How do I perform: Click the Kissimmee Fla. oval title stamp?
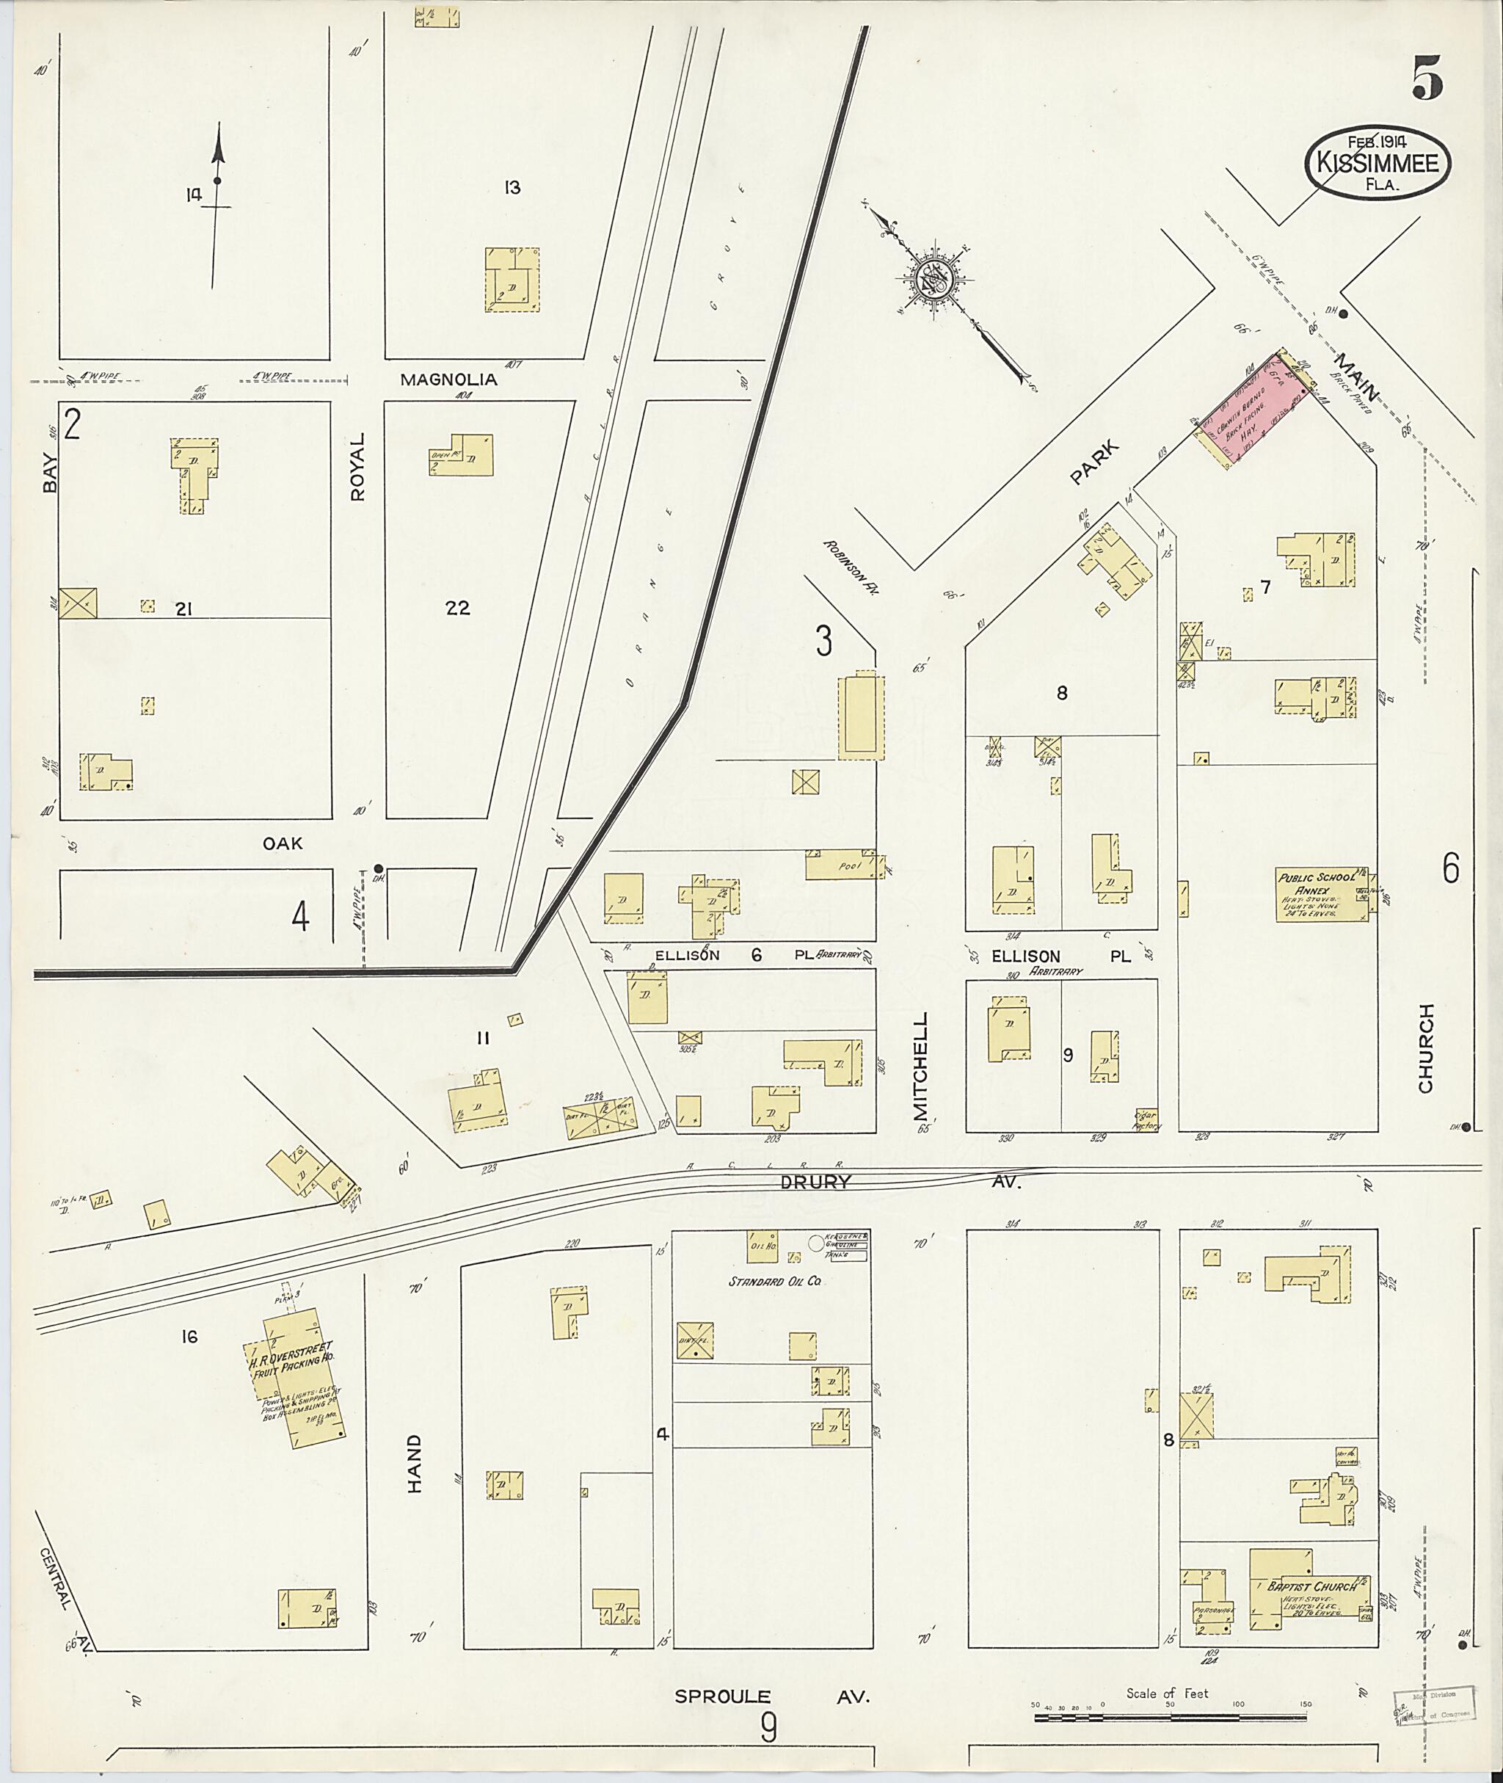click(1377, 164)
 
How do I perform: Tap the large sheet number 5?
click(1427, 79)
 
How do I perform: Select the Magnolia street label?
click(448, 380)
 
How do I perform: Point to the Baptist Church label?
click(1313, 1587)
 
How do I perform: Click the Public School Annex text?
click(1309, 883)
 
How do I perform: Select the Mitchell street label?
click(920, 1065)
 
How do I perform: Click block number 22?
click(457, 608)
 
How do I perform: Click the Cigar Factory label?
click(1147, 1120)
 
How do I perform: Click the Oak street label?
click(282, 843)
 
